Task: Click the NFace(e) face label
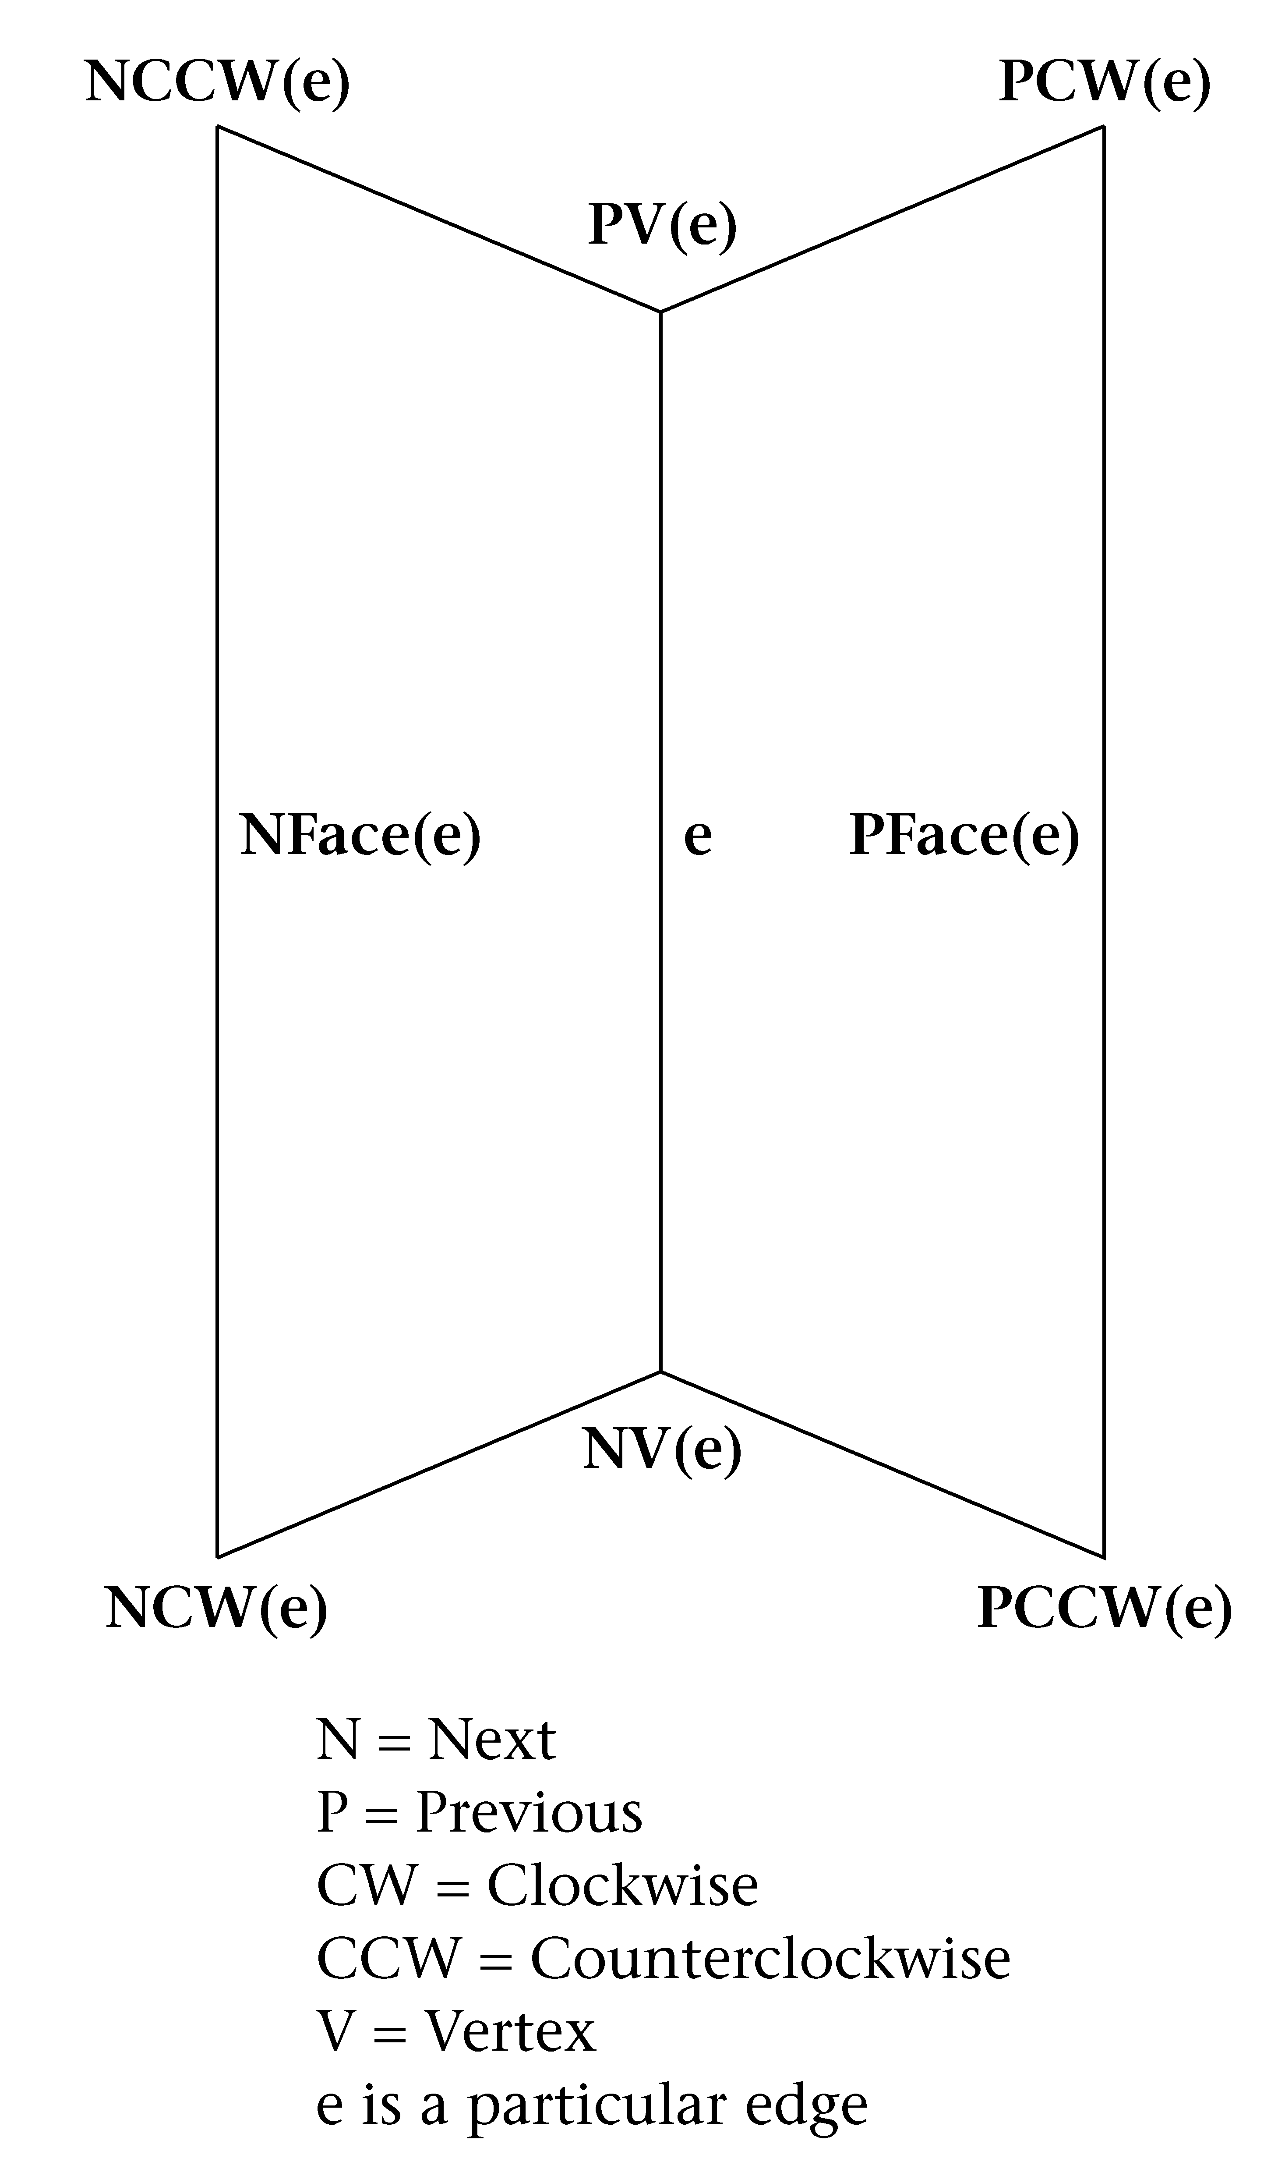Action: click(360, 836)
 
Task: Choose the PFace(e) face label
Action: click(964, 836)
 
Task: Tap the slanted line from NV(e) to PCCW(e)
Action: click(883, 1464)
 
